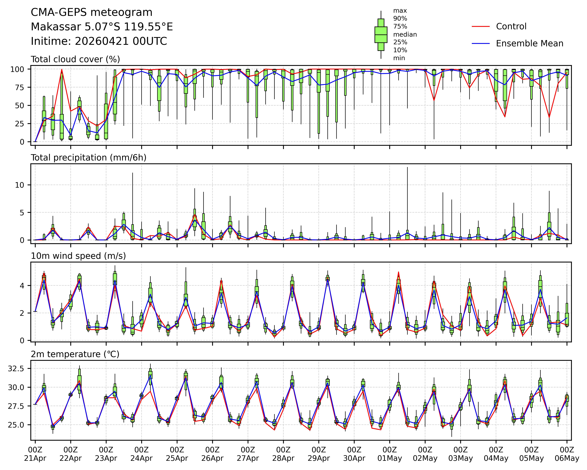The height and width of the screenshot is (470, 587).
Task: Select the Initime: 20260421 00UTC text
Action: coord(99,41)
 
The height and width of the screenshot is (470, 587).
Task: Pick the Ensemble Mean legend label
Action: coord(529,44)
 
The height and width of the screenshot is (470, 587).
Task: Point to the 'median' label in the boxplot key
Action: coord(405,35)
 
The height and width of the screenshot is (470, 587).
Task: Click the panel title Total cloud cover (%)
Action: coord(75,59)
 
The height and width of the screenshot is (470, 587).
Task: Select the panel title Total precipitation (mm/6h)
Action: coord(88,158)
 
